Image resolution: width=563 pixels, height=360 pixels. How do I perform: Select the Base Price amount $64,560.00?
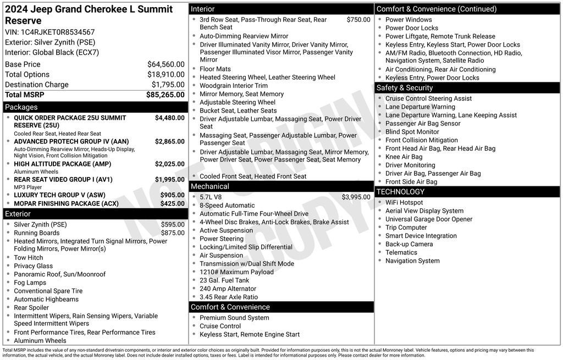pos(165,64)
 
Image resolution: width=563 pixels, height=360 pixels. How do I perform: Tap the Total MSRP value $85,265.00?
pos(165,95)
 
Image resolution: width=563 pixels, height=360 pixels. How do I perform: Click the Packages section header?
pos(21,107)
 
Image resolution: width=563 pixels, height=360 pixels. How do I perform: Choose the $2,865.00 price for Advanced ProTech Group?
pos(169,141)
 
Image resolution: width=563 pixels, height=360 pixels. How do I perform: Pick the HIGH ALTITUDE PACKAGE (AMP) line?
pos(62,164)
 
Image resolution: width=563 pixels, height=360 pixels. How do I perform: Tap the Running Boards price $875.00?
pos(173,233)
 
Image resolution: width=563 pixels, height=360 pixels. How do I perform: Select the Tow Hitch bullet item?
pos(28,258)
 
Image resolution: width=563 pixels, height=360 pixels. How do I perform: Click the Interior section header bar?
pos(203,9)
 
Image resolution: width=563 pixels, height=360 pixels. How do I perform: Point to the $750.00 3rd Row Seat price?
pos(358,20)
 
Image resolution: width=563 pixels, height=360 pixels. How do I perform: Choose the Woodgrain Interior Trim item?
pos(234,86)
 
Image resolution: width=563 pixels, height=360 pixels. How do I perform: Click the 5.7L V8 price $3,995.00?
pos(356,197)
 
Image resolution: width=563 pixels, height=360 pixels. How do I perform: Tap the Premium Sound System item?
pos(234,318)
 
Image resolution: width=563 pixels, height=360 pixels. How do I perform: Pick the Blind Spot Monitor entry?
pos(412,132)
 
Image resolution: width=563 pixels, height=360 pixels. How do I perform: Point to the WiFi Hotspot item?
pos(404,203)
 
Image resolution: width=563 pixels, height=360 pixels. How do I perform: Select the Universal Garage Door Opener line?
pos(429,219)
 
